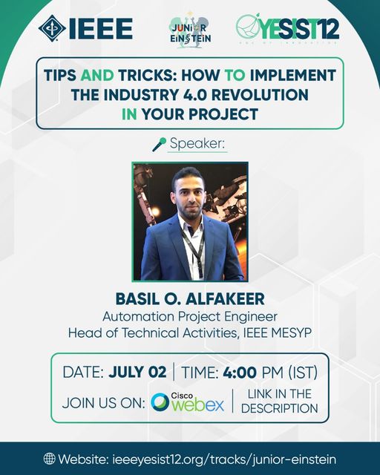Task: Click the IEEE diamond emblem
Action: point(52,28)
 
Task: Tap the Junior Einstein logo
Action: point(190,30)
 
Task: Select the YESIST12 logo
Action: point(287,29)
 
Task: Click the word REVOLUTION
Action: point(260,95)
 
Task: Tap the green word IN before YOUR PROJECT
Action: point(129,114)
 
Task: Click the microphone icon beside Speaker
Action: point(159,144)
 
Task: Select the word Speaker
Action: point(197,143)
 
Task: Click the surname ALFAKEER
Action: point(225,299)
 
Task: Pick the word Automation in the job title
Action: point(139,317)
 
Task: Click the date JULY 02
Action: point(137,372)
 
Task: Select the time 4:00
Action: point(240,372)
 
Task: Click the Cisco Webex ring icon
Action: point(160,402)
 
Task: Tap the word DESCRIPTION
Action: point(279,408)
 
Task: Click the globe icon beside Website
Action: point(50,459)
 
